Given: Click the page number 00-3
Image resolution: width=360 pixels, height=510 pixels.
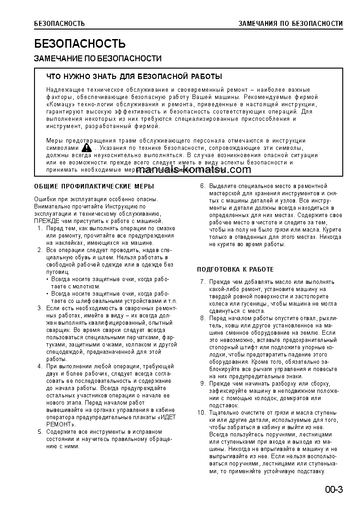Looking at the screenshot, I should tap(334, 490).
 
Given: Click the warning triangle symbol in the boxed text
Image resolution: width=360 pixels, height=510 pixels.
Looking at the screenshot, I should tap(86, 148).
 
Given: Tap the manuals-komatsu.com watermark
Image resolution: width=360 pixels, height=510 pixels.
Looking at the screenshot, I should tap(181, 170).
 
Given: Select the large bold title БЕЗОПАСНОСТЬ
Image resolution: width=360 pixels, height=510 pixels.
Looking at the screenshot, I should tap(80, 44).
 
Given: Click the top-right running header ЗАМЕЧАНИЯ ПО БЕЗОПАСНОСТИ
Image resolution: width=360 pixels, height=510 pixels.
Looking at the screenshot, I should tap(291, 24).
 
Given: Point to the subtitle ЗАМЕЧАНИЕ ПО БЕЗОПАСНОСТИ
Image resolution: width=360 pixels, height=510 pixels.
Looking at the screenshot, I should tap(98, 59).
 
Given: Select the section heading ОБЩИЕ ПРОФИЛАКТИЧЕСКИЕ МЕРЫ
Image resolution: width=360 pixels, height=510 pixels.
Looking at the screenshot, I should tap(94, 186).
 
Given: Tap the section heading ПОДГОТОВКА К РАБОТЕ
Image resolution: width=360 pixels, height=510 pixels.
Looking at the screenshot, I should tap(235, 269).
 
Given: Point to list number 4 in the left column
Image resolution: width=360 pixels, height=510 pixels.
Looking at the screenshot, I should tap(39, 366).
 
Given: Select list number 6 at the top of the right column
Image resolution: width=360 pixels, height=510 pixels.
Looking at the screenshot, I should tap(203, 186).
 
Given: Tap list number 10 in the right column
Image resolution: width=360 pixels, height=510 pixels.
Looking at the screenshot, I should tap(202, 412).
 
